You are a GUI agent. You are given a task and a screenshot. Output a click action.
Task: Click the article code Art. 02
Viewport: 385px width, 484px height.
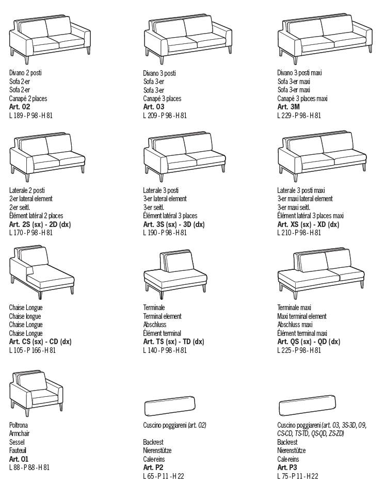(20, 107)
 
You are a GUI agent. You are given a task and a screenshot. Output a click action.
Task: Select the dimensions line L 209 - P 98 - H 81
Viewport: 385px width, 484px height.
(165, 116)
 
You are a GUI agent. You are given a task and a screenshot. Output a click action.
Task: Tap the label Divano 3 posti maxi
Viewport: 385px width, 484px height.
(299, 73)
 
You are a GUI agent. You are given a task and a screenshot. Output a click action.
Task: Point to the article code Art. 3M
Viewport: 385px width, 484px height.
(288, 107)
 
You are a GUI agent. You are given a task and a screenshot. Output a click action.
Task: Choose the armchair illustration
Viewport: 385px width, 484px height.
(36, 393)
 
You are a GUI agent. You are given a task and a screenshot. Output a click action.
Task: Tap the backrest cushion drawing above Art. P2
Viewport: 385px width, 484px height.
(169, 406)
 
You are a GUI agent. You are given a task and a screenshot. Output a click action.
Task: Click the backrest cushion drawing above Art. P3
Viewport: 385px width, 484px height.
(307, 406)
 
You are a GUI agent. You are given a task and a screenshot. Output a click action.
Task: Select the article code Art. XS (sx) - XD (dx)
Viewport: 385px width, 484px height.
(308, 224)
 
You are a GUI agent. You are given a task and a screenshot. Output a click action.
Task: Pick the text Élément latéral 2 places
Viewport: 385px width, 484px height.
(36, 216)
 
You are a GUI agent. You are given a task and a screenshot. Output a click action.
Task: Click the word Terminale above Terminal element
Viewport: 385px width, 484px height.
(154, 308)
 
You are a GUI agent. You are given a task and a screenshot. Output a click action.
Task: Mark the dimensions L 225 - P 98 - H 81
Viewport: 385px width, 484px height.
(299, 350)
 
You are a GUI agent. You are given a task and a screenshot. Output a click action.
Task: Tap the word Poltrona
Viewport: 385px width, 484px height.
(18, 425)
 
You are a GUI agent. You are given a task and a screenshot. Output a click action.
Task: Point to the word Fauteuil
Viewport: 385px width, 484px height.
(18, 450)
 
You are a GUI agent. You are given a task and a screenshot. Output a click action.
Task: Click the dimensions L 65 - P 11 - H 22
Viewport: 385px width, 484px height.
(163, 476)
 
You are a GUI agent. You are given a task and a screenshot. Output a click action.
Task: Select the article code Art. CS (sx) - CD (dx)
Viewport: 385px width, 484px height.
(40, 342)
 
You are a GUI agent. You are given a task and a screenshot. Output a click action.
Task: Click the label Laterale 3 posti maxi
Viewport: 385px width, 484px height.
(301, 190)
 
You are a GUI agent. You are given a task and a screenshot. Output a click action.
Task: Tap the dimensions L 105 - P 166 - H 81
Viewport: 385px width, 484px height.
(33, 350)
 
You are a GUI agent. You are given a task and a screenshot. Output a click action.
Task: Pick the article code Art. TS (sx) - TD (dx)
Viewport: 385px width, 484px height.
(174, 342)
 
